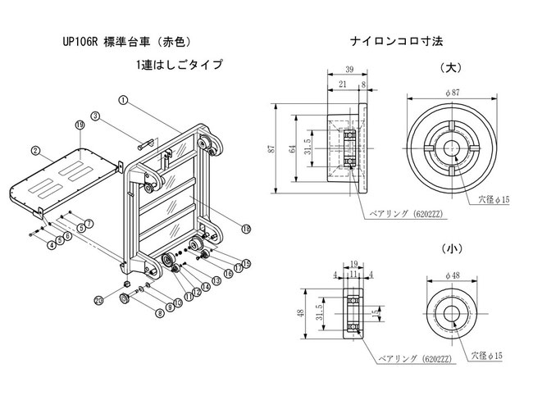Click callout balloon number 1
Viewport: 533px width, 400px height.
point(122,101)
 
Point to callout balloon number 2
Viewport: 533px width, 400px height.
point(36,151)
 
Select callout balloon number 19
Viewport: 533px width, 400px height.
point(80,124)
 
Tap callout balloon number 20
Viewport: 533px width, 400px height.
point(99,301)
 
